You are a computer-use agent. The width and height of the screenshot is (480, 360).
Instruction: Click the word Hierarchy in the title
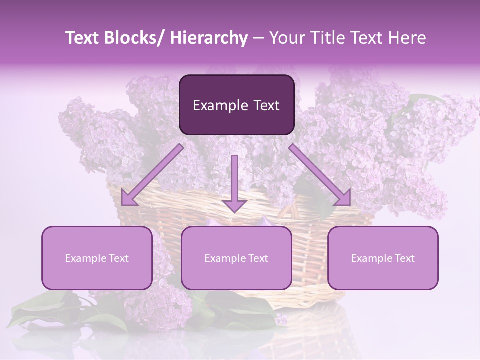click(x=209, y=38)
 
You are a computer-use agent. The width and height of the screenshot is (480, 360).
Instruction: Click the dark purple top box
click(x=236, y=105)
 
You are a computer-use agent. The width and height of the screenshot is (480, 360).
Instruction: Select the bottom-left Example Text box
click(x=97, y=258)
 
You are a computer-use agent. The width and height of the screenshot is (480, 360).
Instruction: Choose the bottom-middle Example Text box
click(x=236, y=258)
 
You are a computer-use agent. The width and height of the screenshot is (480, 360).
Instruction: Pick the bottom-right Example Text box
click(x=383, y=258)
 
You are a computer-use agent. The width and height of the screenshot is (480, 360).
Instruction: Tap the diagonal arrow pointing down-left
click(x=152, y=175)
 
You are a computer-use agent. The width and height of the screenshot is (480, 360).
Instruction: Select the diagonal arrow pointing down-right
click(x=320, y=175)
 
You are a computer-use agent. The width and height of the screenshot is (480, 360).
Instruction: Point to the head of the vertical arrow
click(x=234, y=205)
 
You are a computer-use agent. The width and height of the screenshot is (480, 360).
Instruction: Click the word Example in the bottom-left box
click(x=85, y=258)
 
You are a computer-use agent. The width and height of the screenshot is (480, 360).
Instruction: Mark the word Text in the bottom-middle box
click(x=257, y=258)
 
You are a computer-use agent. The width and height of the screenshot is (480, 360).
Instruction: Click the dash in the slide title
click(x=258, y=38)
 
